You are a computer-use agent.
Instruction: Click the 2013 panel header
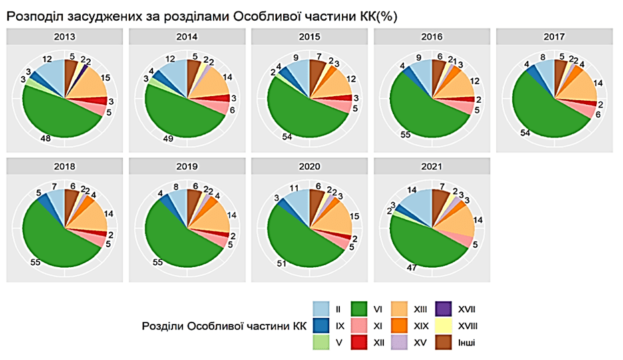[65, 37]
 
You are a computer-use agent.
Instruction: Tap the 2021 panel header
[432, 166]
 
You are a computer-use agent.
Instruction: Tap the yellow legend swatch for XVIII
[443, 326]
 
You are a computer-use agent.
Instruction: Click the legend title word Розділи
[164, 326]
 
